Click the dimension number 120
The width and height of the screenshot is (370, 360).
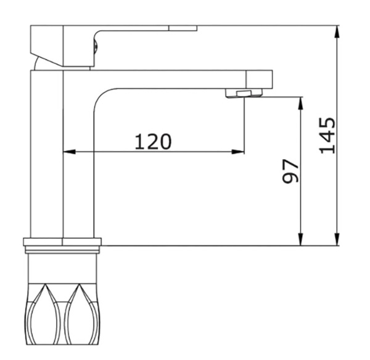click(153, 142)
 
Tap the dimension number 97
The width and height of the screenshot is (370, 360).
click(290, 171)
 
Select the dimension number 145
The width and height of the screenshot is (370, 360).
click(327, 135)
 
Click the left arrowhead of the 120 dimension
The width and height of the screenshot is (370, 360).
click(69, 152)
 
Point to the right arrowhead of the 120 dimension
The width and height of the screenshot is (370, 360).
click(238, 152)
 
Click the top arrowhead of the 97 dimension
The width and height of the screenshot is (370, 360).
click(300, 103)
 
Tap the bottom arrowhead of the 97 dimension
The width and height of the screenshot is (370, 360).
click(300, 239)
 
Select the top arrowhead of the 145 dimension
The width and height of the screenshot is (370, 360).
click(337, 31)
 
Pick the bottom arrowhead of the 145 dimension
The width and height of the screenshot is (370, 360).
click(337, 239)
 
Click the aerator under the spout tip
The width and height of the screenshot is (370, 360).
click(244, 93)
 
